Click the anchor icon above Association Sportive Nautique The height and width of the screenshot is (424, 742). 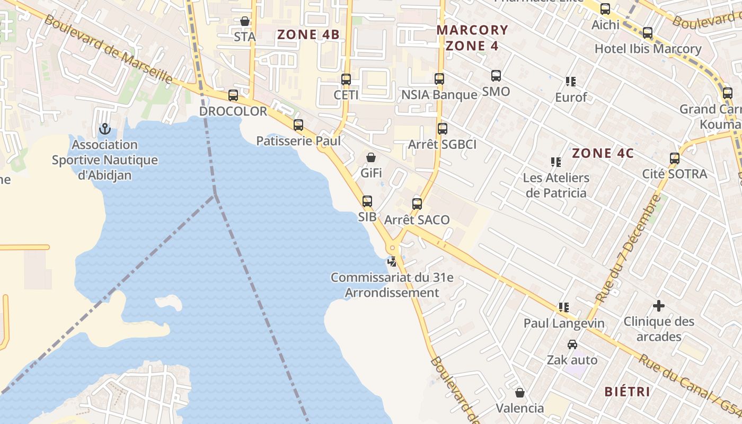[104, 129]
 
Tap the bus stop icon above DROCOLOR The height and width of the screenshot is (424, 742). [233, 95]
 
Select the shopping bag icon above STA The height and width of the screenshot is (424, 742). [245, 21]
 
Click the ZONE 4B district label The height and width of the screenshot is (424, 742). [308, 34]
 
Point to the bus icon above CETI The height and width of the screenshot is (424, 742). [346, 79]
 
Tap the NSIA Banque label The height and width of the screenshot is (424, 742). [439, 95]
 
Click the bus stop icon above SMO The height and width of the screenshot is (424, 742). [496, 76]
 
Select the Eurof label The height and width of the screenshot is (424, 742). [571, 98]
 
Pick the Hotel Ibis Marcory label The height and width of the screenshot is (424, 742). [648, 49]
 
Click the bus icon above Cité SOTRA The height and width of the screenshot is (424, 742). [675, 158]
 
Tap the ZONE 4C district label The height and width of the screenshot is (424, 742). [603, 153]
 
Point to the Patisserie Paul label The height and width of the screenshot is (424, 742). [298, 141]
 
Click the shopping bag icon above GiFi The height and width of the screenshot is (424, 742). [371, 157]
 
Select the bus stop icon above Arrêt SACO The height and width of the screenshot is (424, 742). [417, 204]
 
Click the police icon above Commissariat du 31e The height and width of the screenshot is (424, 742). [392, 261]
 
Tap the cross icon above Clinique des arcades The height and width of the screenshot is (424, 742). [659, 306]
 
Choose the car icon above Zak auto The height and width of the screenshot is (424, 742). [572, 344]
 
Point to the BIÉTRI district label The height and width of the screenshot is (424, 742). [628, 392]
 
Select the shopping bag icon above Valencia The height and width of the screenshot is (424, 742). [520, 393]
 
